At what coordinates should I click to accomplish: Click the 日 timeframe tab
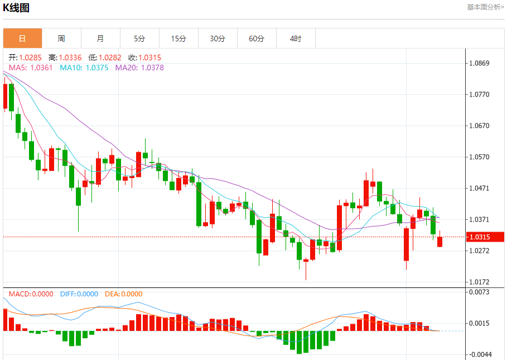[22, 39]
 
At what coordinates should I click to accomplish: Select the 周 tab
[61, 39]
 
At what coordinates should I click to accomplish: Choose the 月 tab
[100, 39]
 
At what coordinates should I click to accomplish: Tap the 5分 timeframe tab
[139, 39]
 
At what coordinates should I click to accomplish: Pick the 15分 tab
[178, 39]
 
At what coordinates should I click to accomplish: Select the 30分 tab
[218, 39]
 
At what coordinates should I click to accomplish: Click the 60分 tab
[257, 39]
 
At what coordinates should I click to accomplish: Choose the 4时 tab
[296, 39]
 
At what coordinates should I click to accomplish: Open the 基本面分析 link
[485, 7]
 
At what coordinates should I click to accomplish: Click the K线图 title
[16, 8]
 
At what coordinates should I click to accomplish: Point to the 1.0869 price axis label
[479, 63]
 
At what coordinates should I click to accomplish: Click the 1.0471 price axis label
[479, 189]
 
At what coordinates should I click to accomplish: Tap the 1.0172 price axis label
[479, 282]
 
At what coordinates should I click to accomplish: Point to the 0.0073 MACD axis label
[479, 292]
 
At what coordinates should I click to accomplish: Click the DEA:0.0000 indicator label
[123, 294]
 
